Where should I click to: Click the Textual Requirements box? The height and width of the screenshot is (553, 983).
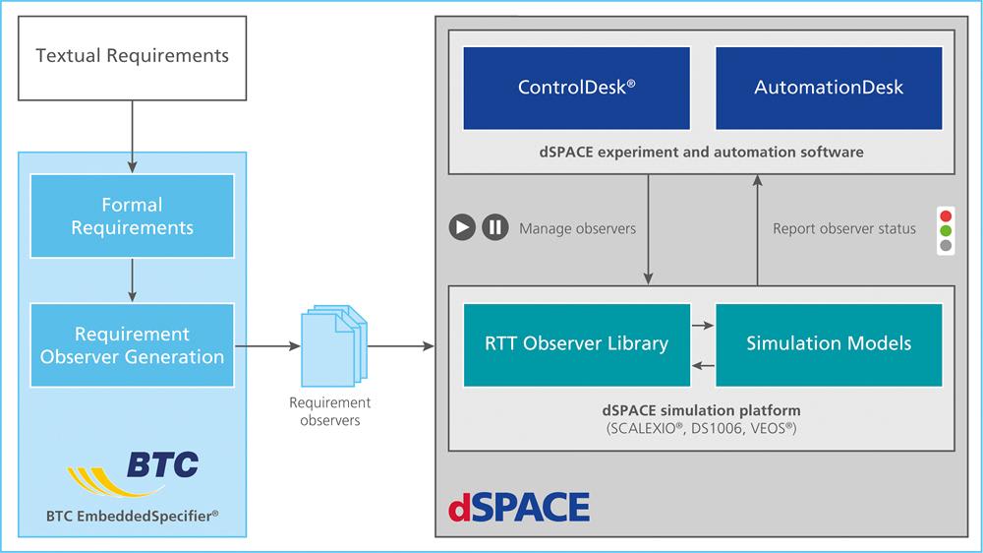[133, 58]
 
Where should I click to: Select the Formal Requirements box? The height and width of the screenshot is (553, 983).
[133, 215]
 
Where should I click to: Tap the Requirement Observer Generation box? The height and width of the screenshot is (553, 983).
[133, 345]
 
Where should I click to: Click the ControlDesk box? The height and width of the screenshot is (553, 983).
[577, 88]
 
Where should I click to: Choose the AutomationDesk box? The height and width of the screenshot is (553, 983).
[829, 88]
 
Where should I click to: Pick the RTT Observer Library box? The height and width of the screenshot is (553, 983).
[577, 344]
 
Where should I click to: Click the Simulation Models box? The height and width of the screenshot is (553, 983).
[829, 344]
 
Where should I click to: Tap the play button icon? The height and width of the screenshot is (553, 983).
[462, 227]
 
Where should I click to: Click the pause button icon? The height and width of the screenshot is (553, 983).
[495, 227]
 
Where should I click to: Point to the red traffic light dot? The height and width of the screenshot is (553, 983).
[946, 215]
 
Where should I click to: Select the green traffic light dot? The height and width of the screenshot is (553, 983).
[946, 230]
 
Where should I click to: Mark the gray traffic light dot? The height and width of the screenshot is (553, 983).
[946, 245]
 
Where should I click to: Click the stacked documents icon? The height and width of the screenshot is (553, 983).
[334, 345]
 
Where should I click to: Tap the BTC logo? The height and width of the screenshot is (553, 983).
[133, 473]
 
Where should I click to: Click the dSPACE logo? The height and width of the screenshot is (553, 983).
[519, 507]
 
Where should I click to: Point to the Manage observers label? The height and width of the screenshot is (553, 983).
[577, 228]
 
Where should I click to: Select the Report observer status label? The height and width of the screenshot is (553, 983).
[843, 228]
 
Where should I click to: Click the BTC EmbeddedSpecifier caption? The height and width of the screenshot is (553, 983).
[133, 516]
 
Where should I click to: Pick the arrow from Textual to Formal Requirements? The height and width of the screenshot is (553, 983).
[133, 137]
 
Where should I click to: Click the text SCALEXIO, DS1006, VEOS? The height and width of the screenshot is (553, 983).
[702, 429]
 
